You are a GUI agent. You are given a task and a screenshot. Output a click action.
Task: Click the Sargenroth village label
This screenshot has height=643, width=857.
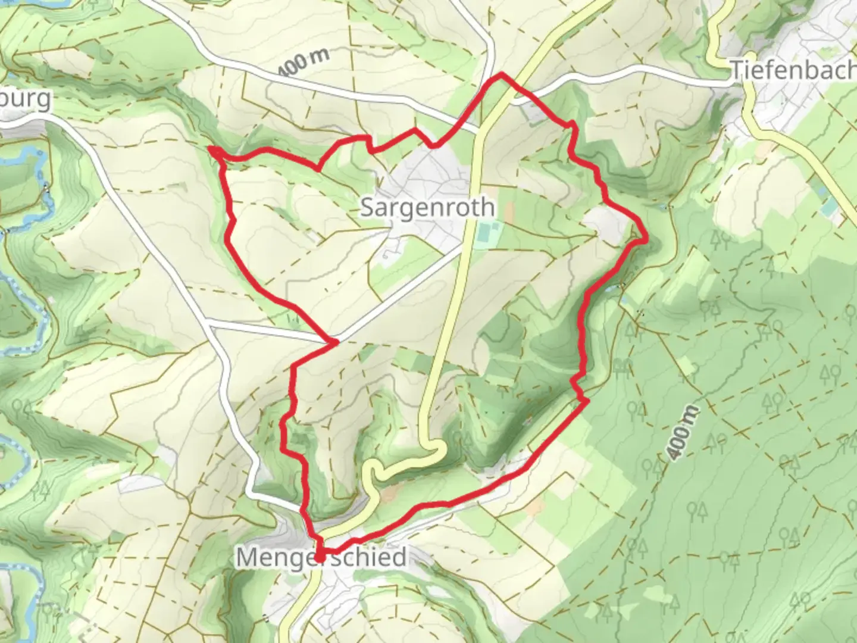427,207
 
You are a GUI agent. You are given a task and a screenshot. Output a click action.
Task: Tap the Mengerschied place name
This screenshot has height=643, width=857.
321,558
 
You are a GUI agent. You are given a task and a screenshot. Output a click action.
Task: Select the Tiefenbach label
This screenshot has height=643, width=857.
793,70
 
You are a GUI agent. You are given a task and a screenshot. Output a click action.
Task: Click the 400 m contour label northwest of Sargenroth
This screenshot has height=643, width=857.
304,61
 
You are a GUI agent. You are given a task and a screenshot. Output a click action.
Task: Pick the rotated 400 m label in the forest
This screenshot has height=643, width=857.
683,433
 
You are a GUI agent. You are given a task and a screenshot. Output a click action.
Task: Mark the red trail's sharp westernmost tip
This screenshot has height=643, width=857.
211,149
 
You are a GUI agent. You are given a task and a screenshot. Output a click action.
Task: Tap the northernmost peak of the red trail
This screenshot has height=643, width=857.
502,74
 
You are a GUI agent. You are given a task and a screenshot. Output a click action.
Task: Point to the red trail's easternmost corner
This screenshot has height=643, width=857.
646,239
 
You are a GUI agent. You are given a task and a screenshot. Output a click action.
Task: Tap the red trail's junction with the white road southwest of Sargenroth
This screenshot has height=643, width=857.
334,342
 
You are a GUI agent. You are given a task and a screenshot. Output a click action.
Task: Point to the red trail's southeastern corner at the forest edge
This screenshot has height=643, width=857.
587,402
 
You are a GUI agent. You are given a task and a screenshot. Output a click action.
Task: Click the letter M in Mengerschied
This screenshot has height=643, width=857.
248,558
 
